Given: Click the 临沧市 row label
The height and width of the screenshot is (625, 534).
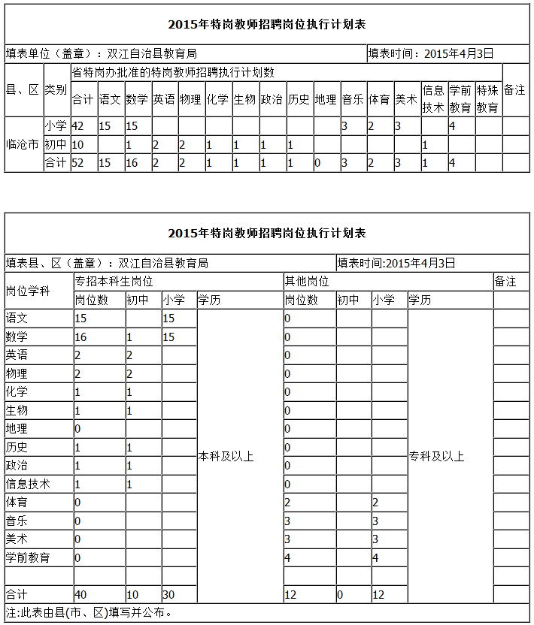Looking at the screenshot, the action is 23,143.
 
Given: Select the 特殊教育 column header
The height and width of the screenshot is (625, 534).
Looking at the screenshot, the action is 487,98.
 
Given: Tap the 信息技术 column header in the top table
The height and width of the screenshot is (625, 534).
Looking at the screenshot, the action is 433,98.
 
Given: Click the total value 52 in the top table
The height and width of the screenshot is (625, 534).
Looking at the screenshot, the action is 77,162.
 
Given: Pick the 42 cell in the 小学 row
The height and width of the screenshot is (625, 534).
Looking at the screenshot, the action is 77,125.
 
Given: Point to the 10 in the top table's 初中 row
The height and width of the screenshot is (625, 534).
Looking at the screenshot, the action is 77,144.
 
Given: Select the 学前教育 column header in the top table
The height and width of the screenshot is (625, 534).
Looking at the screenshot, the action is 460,98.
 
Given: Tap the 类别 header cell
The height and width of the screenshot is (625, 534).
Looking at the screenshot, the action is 56,90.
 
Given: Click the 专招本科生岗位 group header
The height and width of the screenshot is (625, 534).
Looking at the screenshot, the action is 114,281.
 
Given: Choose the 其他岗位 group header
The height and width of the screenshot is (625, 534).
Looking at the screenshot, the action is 306,281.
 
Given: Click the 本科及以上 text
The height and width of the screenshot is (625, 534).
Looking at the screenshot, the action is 226,456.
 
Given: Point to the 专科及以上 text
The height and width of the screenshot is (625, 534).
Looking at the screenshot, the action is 436,456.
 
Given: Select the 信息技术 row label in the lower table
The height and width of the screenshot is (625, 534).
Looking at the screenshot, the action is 28,484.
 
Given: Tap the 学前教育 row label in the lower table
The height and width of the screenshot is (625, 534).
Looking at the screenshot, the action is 28,557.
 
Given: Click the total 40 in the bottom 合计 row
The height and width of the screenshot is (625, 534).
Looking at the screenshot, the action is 80,595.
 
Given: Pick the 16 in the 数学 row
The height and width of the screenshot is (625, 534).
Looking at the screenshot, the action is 80,337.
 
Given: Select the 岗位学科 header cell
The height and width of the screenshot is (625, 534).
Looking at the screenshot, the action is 28,291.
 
